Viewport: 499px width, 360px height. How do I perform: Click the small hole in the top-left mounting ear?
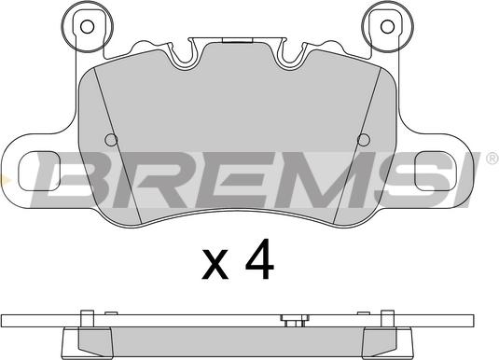tap(87, 27)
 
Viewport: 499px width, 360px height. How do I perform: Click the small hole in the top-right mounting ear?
tap(387, 27)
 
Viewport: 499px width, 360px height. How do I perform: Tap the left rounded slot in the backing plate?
tap(39, 171)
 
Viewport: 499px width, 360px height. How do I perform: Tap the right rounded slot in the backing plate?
tap(436, 171)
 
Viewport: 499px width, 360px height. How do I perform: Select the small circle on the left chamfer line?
tap(111, 140)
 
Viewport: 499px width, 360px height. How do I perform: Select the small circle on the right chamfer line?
tap(364, 140)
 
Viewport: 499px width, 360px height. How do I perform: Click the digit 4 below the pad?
tap(259, 258)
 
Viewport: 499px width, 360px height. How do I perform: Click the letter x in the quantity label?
tap(215, 264)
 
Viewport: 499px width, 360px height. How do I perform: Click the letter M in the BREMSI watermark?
tap(327, 180)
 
